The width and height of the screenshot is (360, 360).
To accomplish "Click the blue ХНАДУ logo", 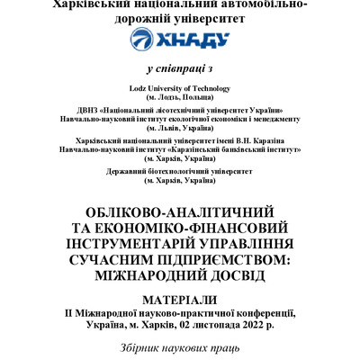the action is tap(180, 40).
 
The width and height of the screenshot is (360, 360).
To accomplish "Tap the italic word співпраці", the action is tap(174, 68).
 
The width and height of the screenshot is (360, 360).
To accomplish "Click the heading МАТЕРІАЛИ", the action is tap(180, 298).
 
